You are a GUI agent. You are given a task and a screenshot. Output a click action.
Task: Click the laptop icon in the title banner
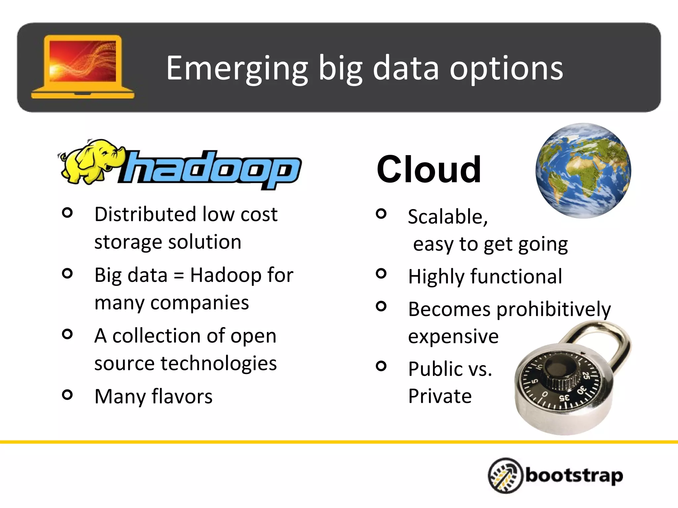pyautogui.click(x=82, y=66)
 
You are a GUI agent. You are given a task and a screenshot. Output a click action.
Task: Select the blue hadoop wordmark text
pyautogui.click(x=212, y=169)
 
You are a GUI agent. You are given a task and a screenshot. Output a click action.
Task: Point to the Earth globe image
pyautogui.click(x=583, y=171)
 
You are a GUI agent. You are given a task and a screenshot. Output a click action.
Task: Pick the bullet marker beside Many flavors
pyautogui.click(x=67, y=395)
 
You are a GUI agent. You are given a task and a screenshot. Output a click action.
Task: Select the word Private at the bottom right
pyautogui.click(x=440, y=396)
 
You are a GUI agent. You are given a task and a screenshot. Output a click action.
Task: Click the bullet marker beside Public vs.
pyautogui.click(x=381, y=366)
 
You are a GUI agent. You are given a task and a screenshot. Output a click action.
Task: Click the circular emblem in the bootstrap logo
pyautogui.click(x=505, y=476)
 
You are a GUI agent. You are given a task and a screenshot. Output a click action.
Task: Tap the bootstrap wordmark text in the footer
pyautogui.click(x=574, y=476)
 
